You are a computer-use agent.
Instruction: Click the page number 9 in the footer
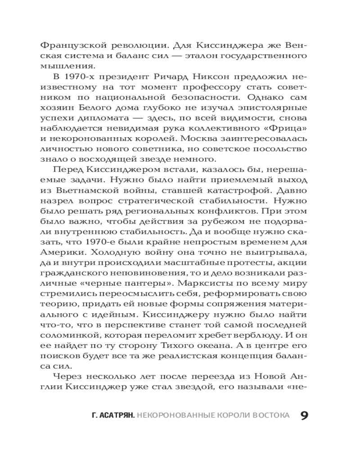click(304, 415)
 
